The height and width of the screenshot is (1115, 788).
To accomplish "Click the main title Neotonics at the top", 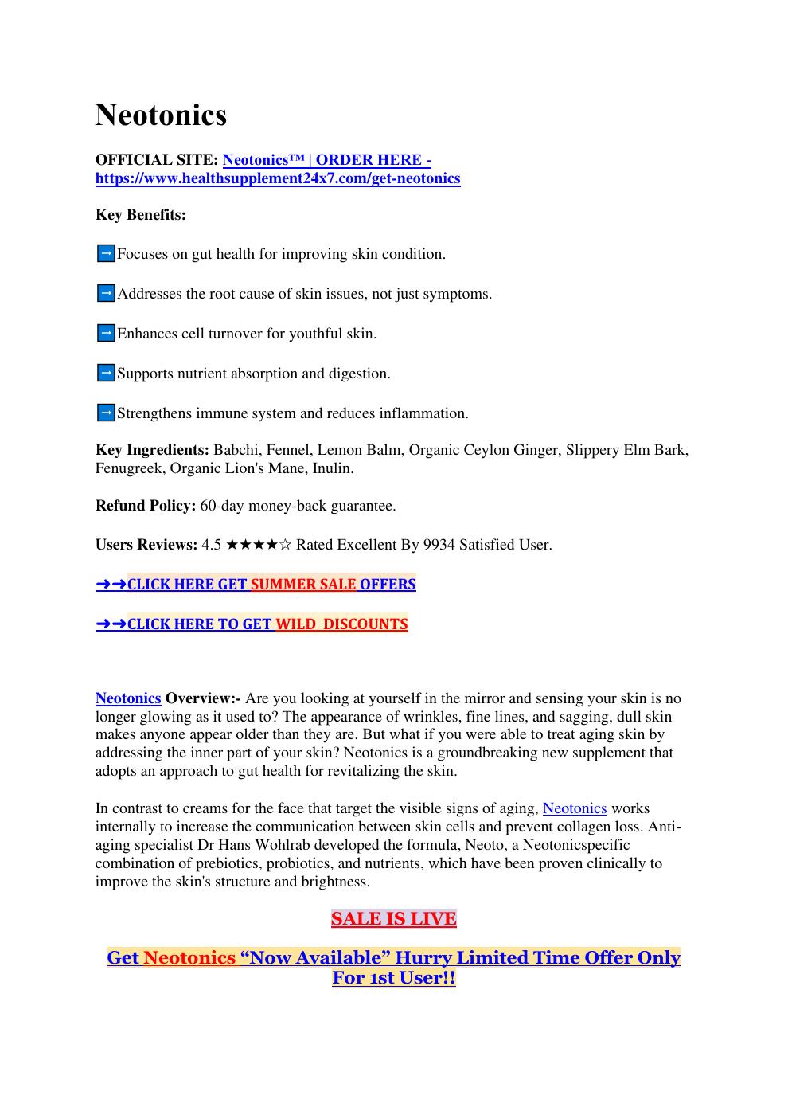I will (161, 115).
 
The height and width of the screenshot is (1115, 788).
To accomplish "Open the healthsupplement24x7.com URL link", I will (278, 178).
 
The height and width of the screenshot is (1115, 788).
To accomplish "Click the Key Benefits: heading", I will (141, 215).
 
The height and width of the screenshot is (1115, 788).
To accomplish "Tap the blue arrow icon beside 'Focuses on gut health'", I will (105, 254).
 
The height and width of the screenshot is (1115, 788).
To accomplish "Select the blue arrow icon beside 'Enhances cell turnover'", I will (105, 334).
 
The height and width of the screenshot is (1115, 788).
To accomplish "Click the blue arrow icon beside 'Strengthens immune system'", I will (105, 413).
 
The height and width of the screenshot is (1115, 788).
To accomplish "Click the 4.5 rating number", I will (212, 545).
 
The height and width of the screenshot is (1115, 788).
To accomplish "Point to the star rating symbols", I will (259, 545).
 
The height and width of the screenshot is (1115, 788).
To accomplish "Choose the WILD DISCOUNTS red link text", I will (341, 624).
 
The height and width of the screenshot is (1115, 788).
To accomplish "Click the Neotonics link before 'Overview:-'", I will (128, 698).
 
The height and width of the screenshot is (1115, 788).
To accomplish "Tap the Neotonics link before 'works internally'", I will (574, 808).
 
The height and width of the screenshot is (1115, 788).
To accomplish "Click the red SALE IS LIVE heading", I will (393, 919).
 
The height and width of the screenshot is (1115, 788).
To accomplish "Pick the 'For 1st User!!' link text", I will (393, 978).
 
